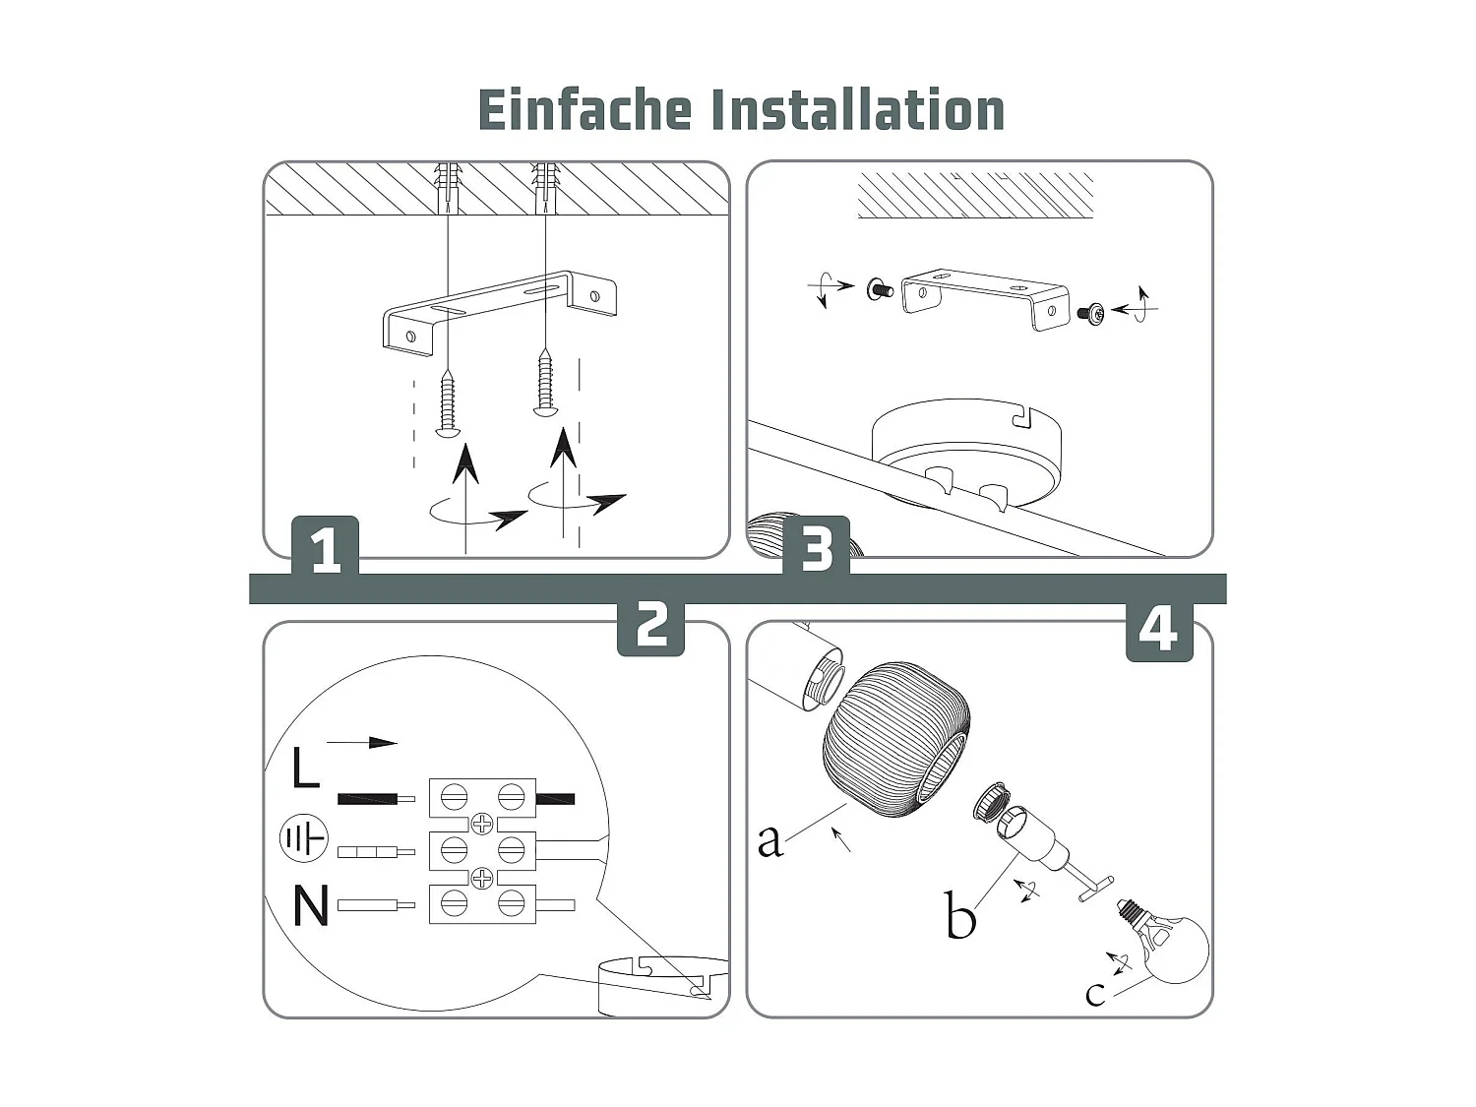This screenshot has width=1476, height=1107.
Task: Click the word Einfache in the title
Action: click(x=584, y=110)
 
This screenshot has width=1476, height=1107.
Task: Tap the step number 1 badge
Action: click(x=326, y=548)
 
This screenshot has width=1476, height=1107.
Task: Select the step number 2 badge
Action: click(x=650, y=624)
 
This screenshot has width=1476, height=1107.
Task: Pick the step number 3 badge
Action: click(x=816, y=548)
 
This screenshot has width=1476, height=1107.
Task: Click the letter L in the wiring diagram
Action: click(x=305, y=768)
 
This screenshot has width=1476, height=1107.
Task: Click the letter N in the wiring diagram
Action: click(x=311, y=905)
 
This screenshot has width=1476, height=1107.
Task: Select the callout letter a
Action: click(x=769, y=839)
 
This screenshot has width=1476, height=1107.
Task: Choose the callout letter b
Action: click(x=959, y=915)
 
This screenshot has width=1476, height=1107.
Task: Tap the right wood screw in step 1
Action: click(x=544, y=384)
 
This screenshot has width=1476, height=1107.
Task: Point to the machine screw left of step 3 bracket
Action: click(x=880, y=289)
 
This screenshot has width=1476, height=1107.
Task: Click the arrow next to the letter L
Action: click(x=362, y=743)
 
